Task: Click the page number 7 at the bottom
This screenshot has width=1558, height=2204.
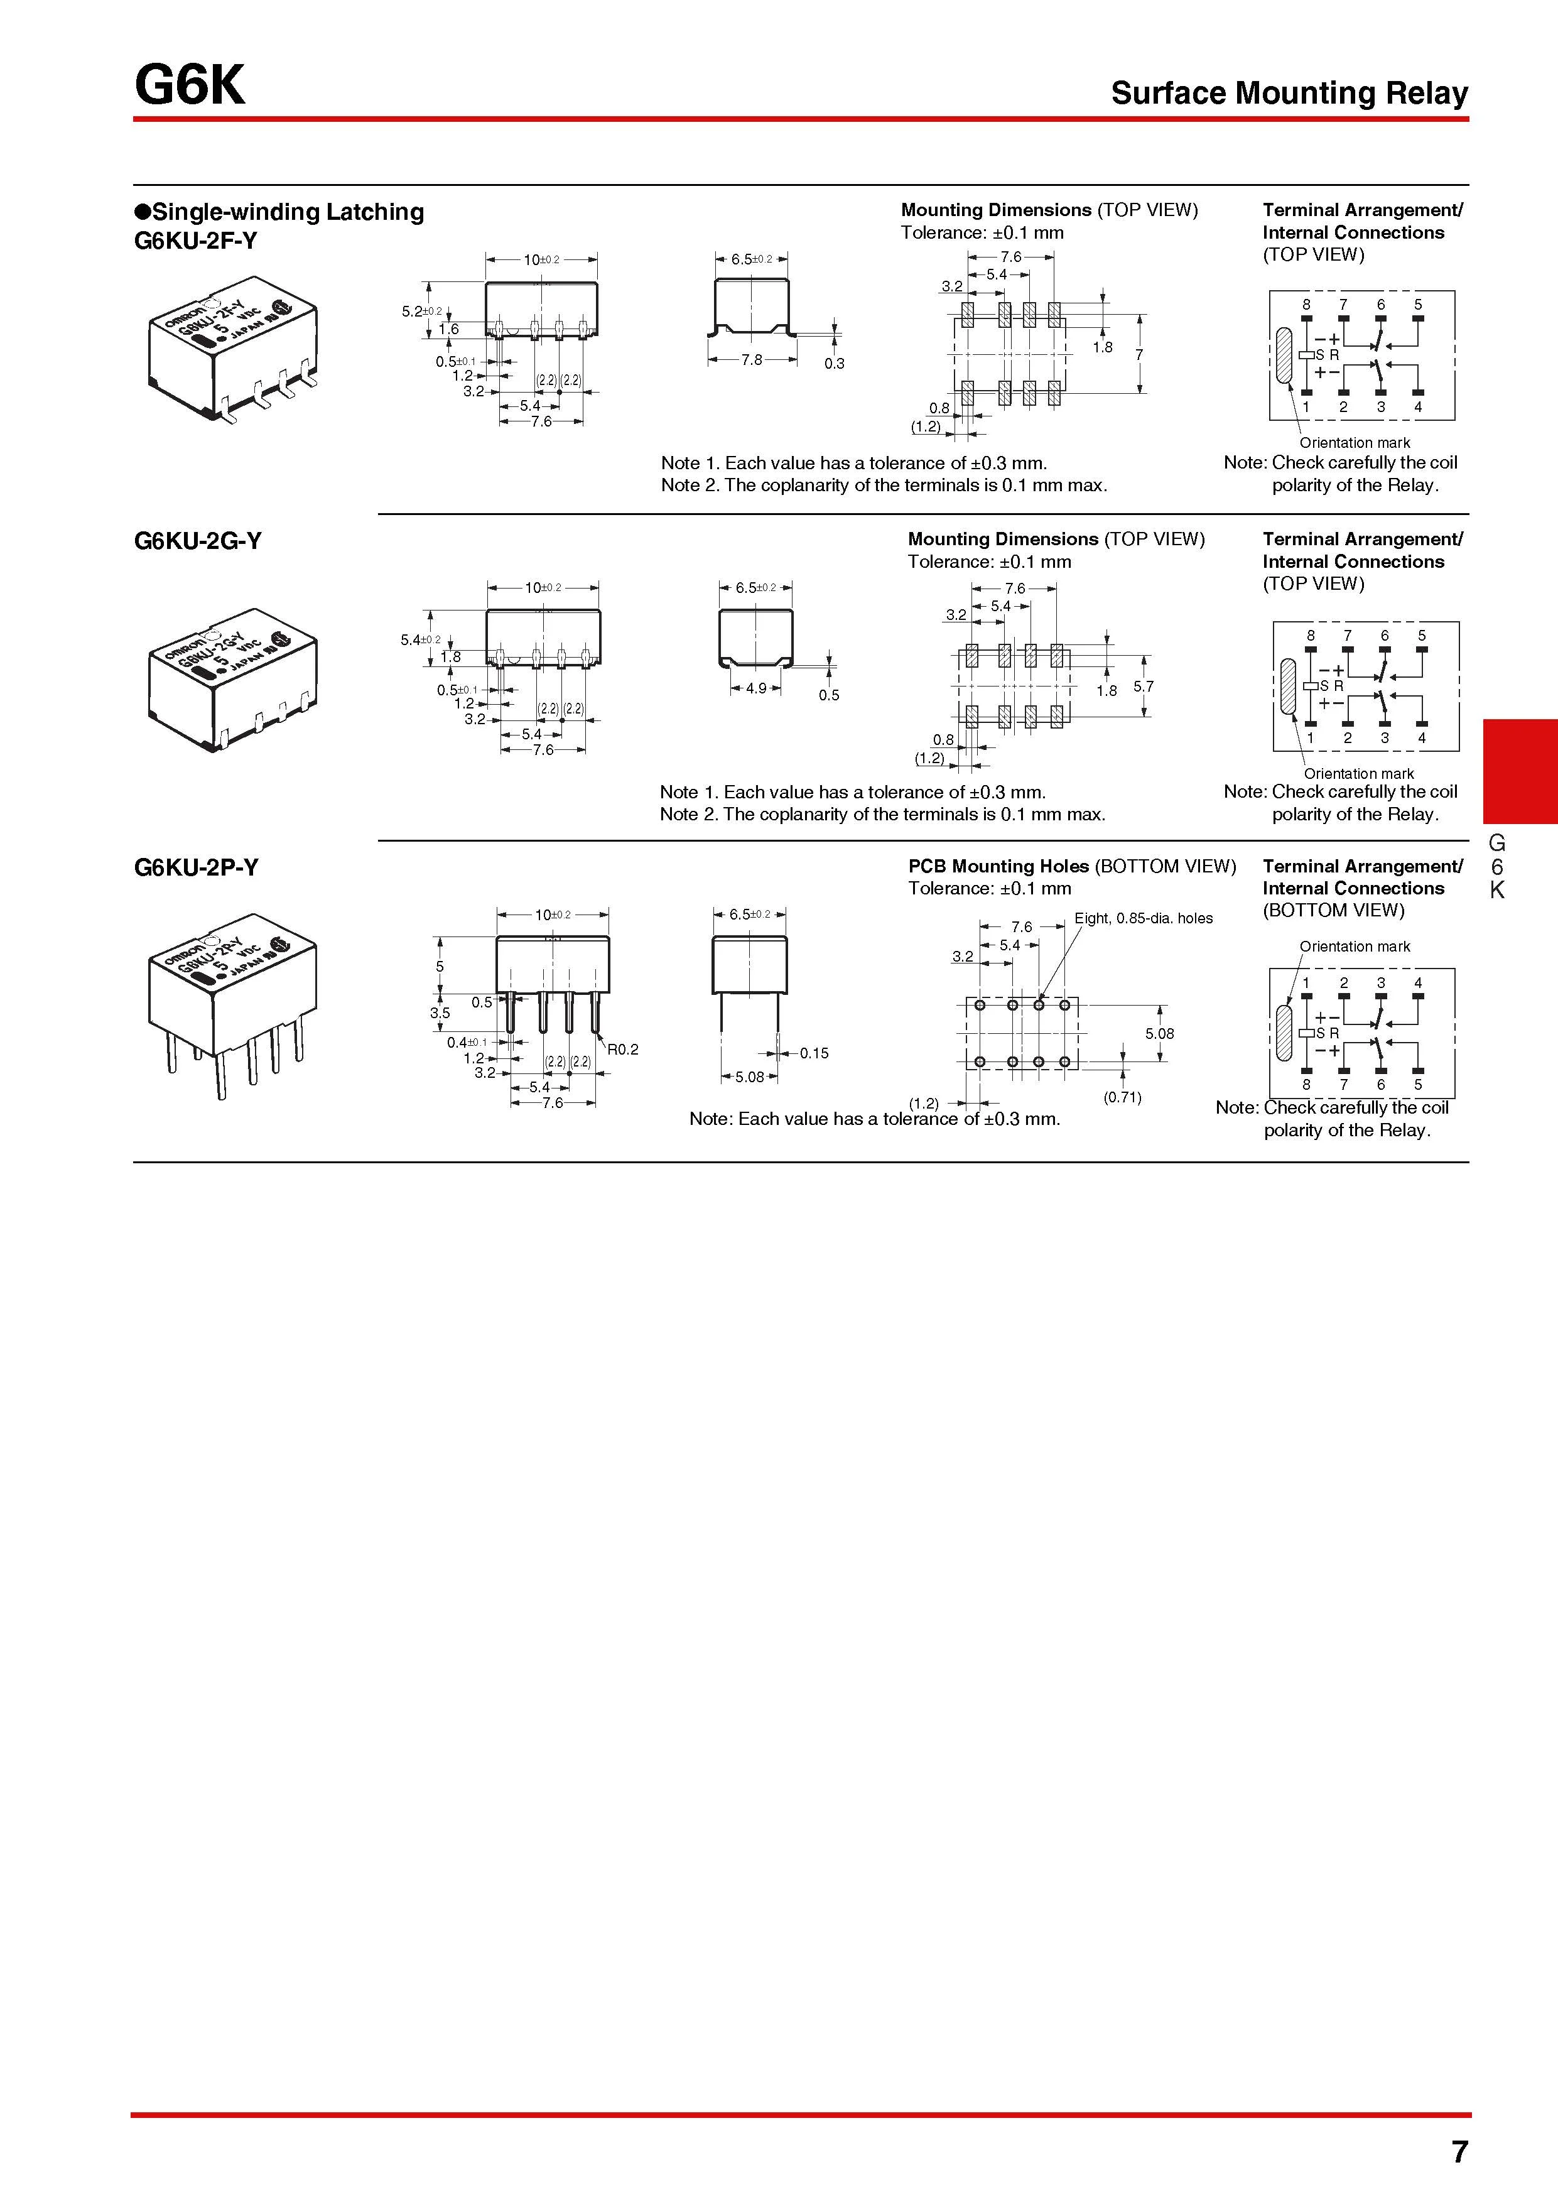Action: click(x=1459, y=2152)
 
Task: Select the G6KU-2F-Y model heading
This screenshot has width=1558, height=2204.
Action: click(x=196, y=240)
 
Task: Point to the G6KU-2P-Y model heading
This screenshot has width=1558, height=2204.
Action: click(x=196, y=867)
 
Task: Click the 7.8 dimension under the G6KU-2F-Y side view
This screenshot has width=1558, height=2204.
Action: click(x=752, y=360)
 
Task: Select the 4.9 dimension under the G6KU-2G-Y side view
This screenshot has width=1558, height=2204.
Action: click(x=757, y=688)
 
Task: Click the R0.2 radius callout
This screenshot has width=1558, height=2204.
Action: click(x=622, y=1049)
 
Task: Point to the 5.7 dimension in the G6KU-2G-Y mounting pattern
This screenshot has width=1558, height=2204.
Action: click(x=1144, y=687)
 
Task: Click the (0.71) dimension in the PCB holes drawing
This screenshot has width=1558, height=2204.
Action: click(x=1122, y=1097)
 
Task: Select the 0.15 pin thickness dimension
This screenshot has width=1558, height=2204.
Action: click(x=814, y=1053)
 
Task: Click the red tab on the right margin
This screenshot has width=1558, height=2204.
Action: click(x=1520, y=771)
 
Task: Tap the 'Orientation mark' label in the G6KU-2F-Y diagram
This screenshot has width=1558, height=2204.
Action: click(x=1355, y=443)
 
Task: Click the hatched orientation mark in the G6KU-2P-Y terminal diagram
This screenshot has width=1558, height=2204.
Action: click(x=1285, y=1033)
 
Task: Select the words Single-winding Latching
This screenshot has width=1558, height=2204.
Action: click(x=287, y=212)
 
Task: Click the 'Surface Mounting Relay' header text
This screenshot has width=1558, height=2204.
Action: click(x=1289, y=93)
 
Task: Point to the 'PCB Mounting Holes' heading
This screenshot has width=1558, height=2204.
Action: click(x=998, y=866)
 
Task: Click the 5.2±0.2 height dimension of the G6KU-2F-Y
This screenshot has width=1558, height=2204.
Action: click(x=421, y=311)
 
